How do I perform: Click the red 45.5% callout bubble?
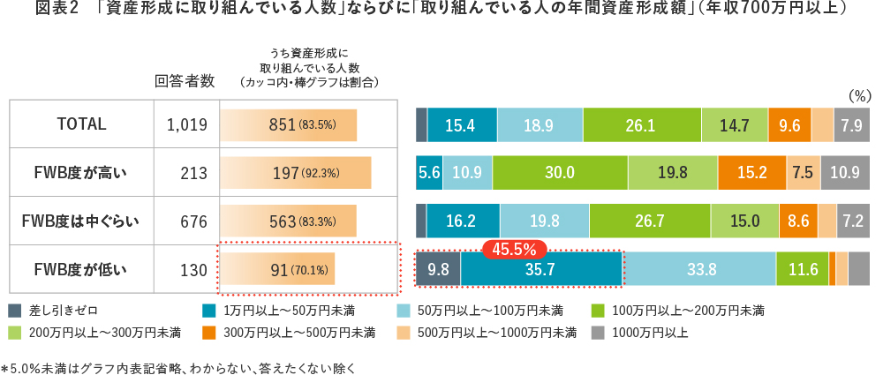(515, 250)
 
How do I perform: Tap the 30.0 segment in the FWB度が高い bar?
(560, 173)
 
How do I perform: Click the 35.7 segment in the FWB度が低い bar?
(540, 269)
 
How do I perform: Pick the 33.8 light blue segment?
(700, 269)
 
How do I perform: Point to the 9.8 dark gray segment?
(438, 269)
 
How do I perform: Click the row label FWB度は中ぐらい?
(81, 221)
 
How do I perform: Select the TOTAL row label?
(81, 124)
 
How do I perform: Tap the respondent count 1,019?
(186, 125)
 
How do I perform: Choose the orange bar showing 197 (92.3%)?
(295, 173)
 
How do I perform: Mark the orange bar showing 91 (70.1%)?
(277, 269)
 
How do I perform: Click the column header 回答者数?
(185, 81)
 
